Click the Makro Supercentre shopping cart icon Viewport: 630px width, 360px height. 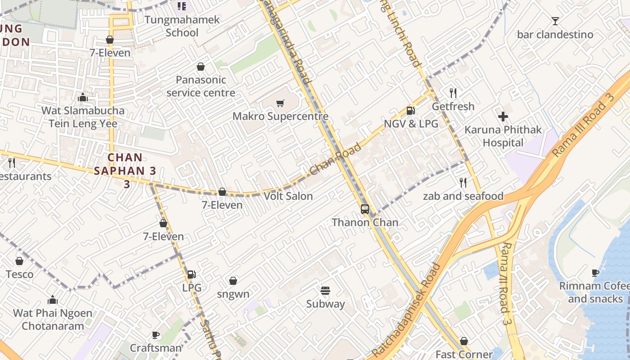pyautogui.click(x=280, y=103)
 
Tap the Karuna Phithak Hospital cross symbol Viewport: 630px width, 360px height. pyautogui.click(x=503, y=117)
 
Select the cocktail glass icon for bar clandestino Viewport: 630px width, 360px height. pyautogui.click(x=555, y=21)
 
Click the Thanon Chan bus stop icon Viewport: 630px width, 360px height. pyautogui.click(x=365, y=209)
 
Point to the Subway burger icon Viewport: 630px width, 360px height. pyautogui.click(x=325, y=291)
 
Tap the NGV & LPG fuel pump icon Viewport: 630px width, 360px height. pyautogui.click(x=410, y=110)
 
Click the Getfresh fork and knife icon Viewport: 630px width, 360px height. pyautogui.click(x=453, y=93)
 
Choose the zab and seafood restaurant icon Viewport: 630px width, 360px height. pyautogui.click(x=463, y=183)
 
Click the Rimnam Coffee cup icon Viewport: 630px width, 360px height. pyautogui.click(x=595, y=273)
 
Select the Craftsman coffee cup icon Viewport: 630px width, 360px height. pyautogui.click(x=156, y=335)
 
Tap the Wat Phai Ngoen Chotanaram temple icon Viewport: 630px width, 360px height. pyautogui.click(x=53, y=300)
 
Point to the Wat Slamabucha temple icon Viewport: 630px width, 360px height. pyautogui.click(x=82, y=97)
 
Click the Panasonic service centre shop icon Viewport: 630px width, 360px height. pyautogui.click(x=201, y=67)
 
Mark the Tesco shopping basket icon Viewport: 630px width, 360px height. pyautogui.click(x=19, y=261)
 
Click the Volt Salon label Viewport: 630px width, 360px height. pyautogui.click(x=288, y=196)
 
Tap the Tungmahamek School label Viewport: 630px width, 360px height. pyautogui.click(x=182, y=26)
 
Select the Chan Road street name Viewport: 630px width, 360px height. pyautogui.click(x=335, y=160)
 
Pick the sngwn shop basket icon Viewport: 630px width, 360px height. pyautogui.click(x=233, y=281)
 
